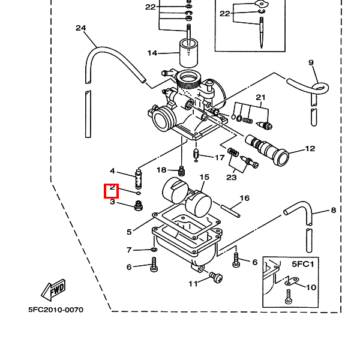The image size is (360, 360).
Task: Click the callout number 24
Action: click(81, 28)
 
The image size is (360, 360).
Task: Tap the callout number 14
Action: click(152, 53)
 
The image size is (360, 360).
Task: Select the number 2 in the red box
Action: click(112, 188)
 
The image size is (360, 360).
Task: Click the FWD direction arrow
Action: click(53, 290)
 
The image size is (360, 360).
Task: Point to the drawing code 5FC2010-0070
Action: click(56, 310)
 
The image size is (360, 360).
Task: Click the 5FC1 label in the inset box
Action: click(303, 264)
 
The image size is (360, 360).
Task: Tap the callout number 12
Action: click(310, 149)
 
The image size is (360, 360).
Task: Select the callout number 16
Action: click(245, 198)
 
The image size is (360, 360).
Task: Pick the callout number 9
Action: click(311, 62)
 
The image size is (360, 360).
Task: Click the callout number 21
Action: click(260, 98)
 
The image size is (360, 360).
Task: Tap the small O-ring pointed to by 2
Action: click(139, 193)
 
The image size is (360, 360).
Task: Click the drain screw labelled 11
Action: click(216, 277)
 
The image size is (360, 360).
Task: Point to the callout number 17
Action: click(220, 158)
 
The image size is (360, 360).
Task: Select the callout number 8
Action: click(334, 210)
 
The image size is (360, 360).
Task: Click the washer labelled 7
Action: click(154, 250)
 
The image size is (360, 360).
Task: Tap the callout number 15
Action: click(205, 177)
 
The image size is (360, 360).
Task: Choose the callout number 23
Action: click(231, 178)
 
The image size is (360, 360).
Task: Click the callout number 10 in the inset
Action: click(311, 287)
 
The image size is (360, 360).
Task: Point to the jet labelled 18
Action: click(182, 171)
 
